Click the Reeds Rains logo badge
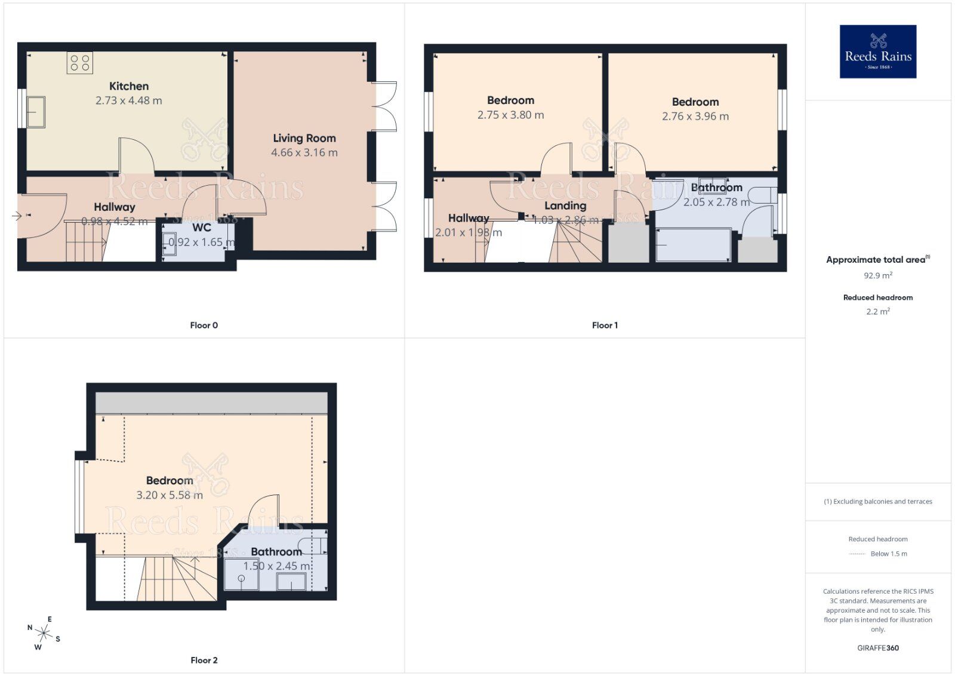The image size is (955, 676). click(877, 51)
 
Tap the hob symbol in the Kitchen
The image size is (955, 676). click(80, 63)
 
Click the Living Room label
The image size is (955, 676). click(304, 138)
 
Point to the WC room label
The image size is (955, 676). click(202, 228)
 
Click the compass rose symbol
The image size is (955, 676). click(44, 632)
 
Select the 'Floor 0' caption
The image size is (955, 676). click(204, 325)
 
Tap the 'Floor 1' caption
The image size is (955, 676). click(605, 325)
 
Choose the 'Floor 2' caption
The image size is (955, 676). click(204, 660)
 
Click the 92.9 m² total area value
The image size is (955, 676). click(877, 276)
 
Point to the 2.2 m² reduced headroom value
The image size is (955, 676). click(877, 311)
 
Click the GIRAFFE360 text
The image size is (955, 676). click(877, 648)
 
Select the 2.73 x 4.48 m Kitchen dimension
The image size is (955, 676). click(129, 101)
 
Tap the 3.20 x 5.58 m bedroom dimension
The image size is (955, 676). click(170, 495)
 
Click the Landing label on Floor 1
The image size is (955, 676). click(565, 205)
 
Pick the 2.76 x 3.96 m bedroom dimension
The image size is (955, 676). click(695, 116)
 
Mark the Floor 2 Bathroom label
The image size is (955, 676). click(276, 552)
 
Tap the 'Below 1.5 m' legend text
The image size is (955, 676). click(889, 554)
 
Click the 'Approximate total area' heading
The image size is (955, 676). click(876, 260)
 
